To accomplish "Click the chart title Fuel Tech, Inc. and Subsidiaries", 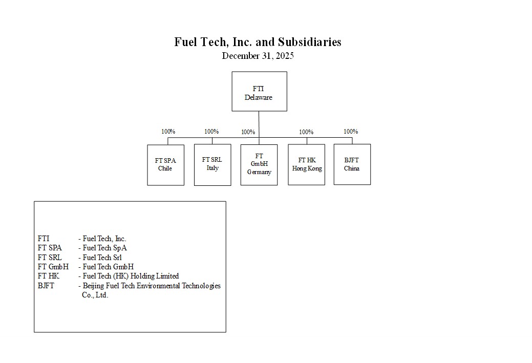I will coord(258,42).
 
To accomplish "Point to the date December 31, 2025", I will coord(258,56).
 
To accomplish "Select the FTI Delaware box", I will coord(259,91).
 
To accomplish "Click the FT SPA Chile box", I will coord(165,165).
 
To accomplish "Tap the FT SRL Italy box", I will coord(212,164).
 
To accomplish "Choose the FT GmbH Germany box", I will coord(259,164).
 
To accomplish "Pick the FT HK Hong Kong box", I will coord(306,164).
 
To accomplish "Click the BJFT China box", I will coord(352,164).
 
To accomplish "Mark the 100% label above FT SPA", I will coord(168,132).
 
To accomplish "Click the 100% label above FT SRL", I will coord(211,132).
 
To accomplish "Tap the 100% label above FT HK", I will coord(306,132).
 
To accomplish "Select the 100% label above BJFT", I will coord(351,132).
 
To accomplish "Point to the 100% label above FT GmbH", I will coord(248,132).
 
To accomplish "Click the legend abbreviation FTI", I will coord(44,239).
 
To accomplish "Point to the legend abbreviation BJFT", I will coord(46,286).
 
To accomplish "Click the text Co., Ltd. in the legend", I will coord(95,295).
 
